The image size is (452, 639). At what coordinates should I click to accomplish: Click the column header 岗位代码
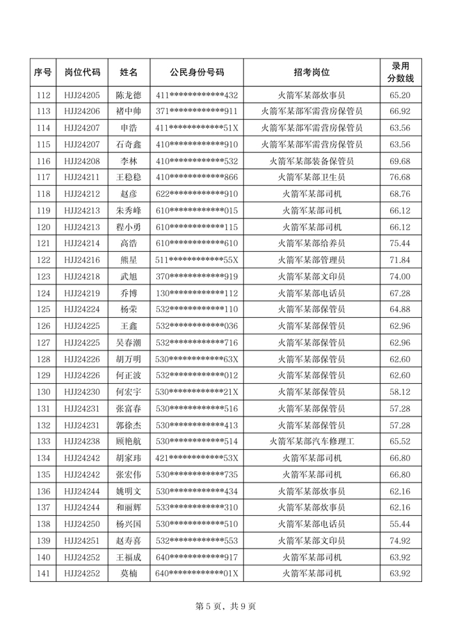point(82,72)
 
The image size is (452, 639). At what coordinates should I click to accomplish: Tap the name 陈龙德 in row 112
point(128,95)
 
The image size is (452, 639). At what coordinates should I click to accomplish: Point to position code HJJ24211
point(82,177)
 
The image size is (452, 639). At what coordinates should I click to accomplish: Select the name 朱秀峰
point(128,211)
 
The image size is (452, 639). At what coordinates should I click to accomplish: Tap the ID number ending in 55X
point(197,260)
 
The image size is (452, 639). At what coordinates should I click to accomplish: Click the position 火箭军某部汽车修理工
point(312,441)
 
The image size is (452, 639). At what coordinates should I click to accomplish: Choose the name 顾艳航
point(128,441)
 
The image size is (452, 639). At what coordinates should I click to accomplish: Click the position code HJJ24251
point(82,540)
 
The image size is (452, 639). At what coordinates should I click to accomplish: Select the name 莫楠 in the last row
point(128,574)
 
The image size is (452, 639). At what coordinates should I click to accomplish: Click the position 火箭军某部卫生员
point(312,177)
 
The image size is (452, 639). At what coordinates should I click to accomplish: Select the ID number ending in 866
point(197,177)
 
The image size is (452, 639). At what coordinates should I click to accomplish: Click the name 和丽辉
point(128,507)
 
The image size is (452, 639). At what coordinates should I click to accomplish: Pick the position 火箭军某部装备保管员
point(312,161)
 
